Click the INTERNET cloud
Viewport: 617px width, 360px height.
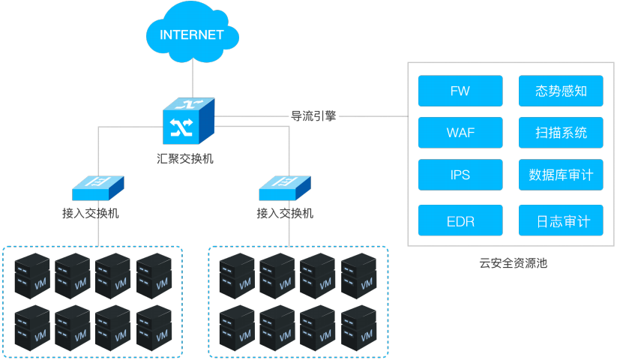point(192,34)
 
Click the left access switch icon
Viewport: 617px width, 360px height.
point(97,183)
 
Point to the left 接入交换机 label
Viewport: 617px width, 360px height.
point(91,213)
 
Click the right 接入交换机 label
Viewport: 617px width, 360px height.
point(285,213)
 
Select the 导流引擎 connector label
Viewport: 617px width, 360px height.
point(313,116)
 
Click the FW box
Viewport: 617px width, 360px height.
point(460,91)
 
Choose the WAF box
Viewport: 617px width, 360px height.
point(460,133)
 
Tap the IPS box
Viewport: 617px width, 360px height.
point(460,175)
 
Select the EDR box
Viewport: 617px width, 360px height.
point(460,221)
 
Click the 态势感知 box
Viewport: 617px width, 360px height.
point(561,91)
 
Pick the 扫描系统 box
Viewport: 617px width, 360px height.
point(561,133)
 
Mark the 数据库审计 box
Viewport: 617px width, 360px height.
point(561,175)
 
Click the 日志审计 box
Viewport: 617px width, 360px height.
point(561,221)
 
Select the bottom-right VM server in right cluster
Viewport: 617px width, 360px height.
point(358,327)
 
